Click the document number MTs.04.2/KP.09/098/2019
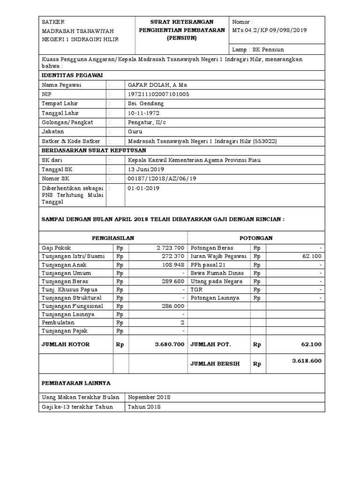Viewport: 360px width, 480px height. (x=270, y=30)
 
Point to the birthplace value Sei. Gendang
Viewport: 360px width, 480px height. (x=146, y=104)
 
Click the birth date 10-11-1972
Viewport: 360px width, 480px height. (x=143, y=113)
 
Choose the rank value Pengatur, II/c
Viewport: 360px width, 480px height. (x=148, y=122)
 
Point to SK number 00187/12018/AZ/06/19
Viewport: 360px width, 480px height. (x=162, y=179)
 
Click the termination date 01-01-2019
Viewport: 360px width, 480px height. (x=143, y=188)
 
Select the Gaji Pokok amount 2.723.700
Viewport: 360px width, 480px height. (x=170, y=248)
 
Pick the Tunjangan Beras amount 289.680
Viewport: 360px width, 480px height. (x=173, y=281)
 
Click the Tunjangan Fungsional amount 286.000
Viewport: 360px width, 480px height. (x=173, y=306)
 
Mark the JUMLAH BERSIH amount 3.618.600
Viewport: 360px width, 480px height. (x=307, y=361)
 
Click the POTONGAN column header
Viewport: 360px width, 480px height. (x=256, y=238)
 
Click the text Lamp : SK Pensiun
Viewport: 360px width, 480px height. (x=258, y=50)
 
